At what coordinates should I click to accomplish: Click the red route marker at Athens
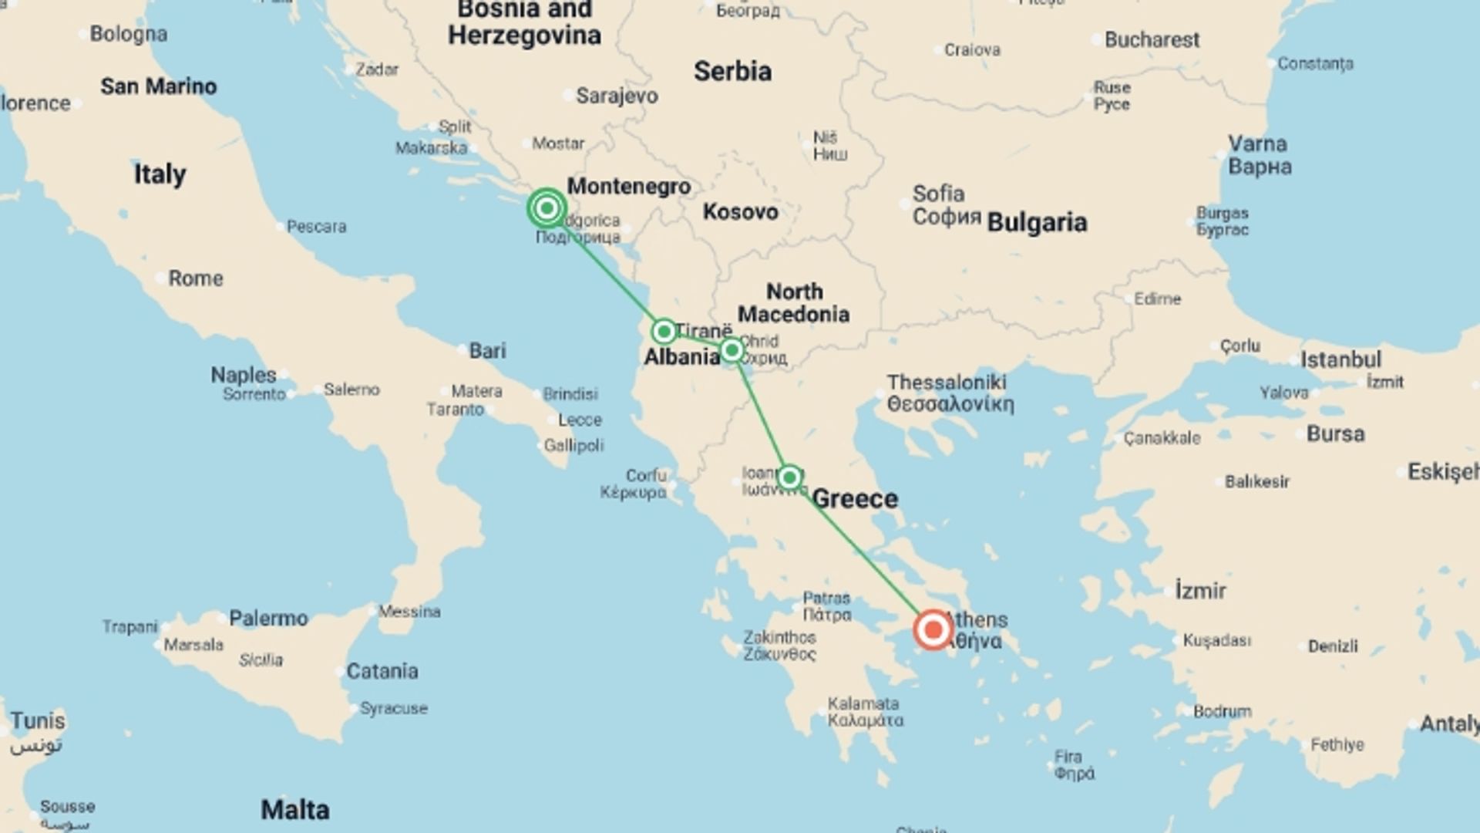tap(933, 630)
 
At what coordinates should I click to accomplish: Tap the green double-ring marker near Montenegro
tap(547, 208)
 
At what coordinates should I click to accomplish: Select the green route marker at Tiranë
tap(664, 332)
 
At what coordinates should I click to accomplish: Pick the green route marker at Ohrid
tap(732, 351)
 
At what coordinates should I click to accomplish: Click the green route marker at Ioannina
tap(789, 477)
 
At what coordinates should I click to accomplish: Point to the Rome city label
tap(196, 278)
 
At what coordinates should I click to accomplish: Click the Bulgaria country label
tap(1037, 222)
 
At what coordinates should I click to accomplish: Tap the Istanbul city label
tap(1340, 359)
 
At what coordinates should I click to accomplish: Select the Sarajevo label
tap(617, 96)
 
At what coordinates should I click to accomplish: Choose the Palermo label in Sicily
tap(268, 619)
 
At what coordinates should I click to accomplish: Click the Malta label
tap(295, 810)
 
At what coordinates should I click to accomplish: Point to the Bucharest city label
tap(1152, 40)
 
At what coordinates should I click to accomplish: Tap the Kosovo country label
tap(740, 211)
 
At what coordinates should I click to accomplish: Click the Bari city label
tap(487, 351)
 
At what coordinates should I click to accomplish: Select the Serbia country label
tap(732, 72)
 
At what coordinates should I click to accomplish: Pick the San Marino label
tap(158, 86)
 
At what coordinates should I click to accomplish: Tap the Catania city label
tap(382, 671)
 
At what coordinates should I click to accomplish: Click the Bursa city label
tap(1335, 433)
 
